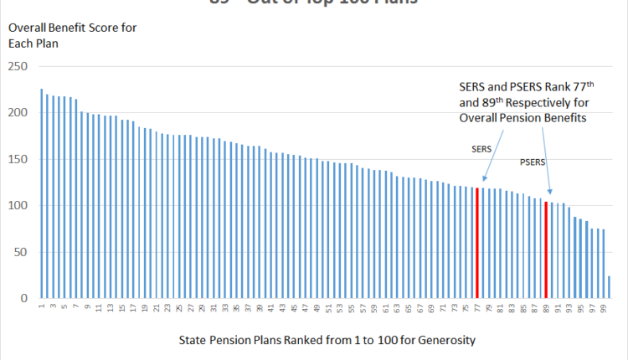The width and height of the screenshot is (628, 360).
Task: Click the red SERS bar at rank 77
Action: (x=477, y=243)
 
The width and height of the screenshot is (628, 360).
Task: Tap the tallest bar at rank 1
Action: (x=42, y=193)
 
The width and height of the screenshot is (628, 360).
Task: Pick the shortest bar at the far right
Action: (x=609, y=287)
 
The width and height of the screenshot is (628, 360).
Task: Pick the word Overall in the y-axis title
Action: (x=28, y=28)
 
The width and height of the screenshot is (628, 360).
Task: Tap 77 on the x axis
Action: (x=477, y=310)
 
